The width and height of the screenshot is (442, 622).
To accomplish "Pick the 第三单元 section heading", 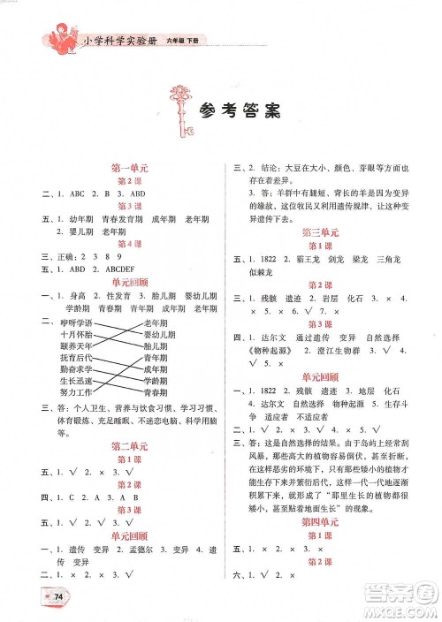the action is coord(317,232).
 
